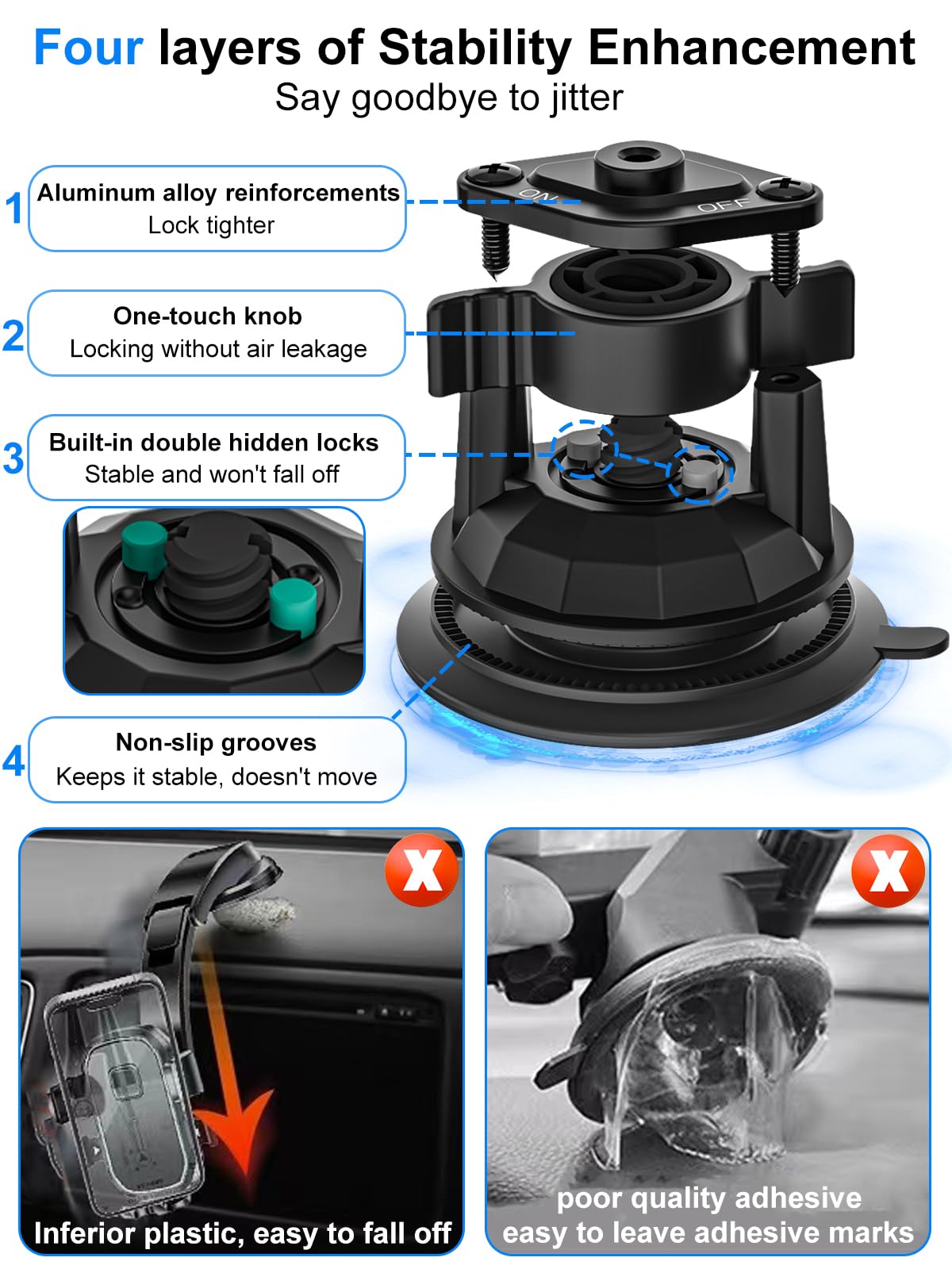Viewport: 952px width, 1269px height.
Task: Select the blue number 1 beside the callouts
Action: pyautogui.click(x=13, y=209)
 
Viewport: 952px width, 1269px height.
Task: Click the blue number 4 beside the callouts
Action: pyautogui.click(x=13, y=761)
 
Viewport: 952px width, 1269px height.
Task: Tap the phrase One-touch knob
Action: pyautogui.click(x=208, y=316)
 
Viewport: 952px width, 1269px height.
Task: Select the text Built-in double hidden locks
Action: pyautogui.click(x=213, y=443)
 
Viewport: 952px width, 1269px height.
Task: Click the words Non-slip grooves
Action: pyautogui.click(x=216, y=742)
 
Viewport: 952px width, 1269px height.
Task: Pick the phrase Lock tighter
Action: pyautogui.click(x=211, y=225)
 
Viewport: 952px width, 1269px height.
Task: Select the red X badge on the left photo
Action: pyautogui.click(x=422, y=871)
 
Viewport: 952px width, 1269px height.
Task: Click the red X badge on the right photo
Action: pyautogui.click(x=888, y=871)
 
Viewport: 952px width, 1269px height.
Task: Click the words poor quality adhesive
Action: pyautogui.click(x=708, y=1198)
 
